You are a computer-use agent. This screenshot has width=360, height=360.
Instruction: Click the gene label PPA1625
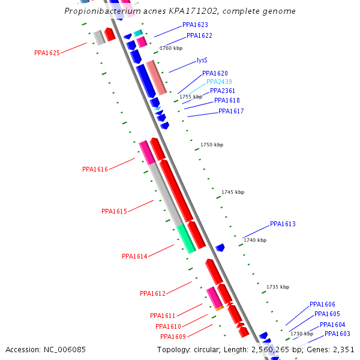click(47, 53)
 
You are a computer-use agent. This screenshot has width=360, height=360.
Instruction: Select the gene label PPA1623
click(195, 25)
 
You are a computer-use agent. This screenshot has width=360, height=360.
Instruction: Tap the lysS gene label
click(202, 61)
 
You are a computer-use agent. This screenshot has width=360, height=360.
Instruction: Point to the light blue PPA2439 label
click(219, 82)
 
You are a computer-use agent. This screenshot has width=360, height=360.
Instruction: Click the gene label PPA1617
click(231, 111)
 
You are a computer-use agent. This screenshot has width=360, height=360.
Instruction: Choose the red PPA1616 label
click(95, 169)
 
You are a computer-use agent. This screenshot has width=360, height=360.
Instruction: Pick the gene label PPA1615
click(114, 211)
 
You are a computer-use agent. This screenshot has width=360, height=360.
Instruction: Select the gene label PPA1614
click(134, 256)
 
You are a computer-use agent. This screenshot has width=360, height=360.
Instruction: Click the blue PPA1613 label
click(283, 224)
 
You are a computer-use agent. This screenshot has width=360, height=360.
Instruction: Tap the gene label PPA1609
click(173, 337)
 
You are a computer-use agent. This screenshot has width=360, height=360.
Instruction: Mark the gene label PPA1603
click(337, 334)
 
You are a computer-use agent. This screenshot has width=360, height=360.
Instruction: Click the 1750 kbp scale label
click(212, 145)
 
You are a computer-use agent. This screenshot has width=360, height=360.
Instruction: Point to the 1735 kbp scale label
click(278, 287)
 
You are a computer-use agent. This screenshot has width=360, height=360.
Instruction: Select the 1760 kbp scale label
click(170, 48)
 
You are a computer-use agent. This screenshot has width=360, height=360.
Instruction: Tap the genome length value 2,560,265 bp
click(276, 349)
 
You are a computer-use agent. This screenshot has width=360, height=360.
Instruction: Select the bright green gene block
click(186, 238)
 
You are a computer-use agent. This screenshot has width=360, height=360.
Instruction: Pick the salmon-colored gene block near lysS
click(156, 77)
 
